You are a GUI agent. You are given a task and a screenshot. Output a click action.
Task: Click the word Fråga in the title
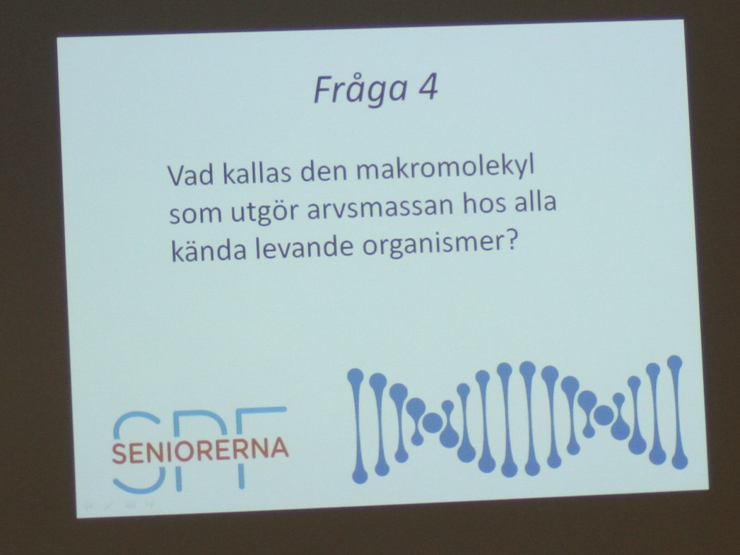(360, 90)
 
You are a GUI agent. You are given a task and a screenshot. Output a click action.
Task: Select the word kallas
(257, 173)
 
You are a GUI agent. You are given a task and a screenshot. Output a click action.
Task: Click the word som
(195, 214)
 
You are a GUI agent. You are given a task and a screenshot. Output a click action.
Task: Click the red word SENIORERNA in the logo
(200, 450)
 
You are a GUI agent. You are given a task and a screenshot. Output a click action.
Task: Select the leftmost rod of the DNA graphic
(358, 426)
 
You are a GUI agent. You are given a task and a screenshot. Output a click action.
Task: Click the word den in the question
(324, 171)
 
